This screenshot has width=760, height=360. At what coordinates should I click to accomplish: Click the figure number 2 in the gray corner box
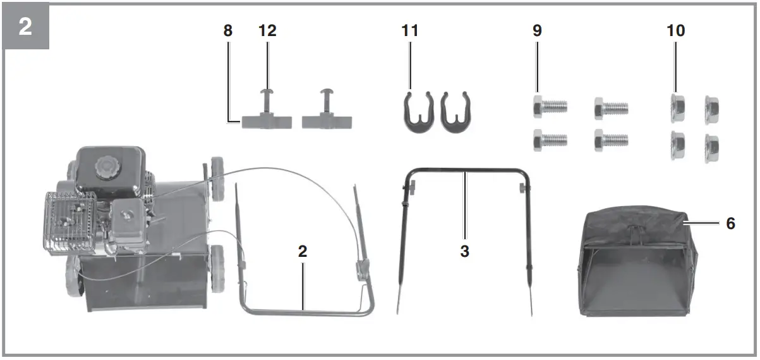pyautogui.click(x=26, y=27)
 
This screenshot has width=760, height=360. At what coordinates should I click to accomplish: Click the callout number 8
pyautogui.click(x=227, y=31)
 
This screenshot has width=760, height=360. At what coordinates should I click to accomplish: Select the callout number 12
pyautogui.click(x=267, y=31)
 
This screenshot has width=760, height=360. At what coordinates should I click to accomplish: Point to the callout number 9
pyautogui.click(x=537, y=31)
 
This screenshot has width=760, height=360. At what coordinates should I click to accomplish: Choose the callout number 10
pyautogui.click(x=675, y=31)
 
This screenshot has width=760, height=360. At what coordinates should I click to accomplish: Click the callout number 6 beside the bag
pyautogui.click(x=730, y=223)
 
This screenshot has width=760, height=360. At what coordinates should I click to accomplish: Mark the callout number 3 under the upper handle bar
pyautogui.click(x=464, y=251)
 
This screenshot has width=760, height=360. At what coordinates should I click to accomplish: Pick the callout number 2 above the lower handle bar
pyautogui.click(x=303, y=251)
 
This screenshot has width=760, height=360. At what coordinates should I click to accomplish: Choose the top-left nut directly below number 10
pyautogui.click(x=677, y=109)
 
